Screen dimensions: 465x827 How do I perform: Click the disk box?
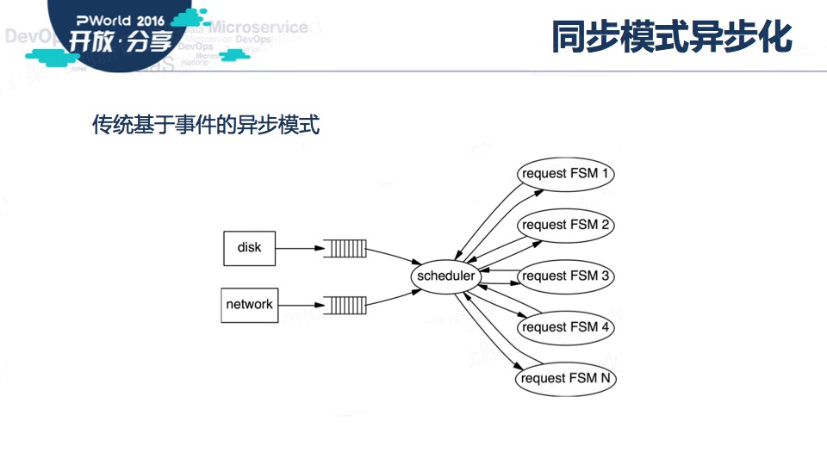click(249, 248)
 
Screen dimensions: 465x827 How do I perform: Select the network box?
click(250, 304)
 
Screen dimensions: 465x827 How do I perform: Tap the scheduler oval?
click(445, 276)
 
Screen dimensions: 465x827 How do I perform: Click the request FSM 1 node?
click(566, 173)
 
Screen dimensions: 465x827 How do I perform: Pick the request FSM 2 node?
click(566, 225)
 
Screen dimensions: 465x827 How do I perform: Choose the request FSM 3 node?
click(566, 276)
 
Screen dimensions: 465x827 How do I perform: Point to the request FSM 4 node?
click(566, 327)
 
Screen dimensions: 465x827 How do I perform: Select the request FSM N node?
click(566, 378)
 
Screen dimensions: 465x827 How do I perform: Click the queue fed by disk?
click(345, 250)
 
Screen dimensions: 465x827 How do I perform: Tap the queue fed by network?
click(345, 304)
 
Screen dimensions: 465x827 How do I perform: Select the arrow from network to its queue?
click(301, 304)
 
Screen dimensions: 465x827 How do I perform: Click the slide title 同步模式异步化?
click(671, 37)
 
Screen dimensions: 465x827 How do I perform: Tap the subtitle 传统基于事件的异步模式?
click(206, 126)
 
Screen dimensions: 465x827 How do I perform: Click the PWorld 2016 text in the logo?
click(120, 18)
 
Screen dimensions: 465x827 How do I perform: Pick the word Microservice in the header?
click(258, 27)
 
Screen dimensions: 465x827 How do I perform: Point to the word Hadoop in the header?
click(195, 63)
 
